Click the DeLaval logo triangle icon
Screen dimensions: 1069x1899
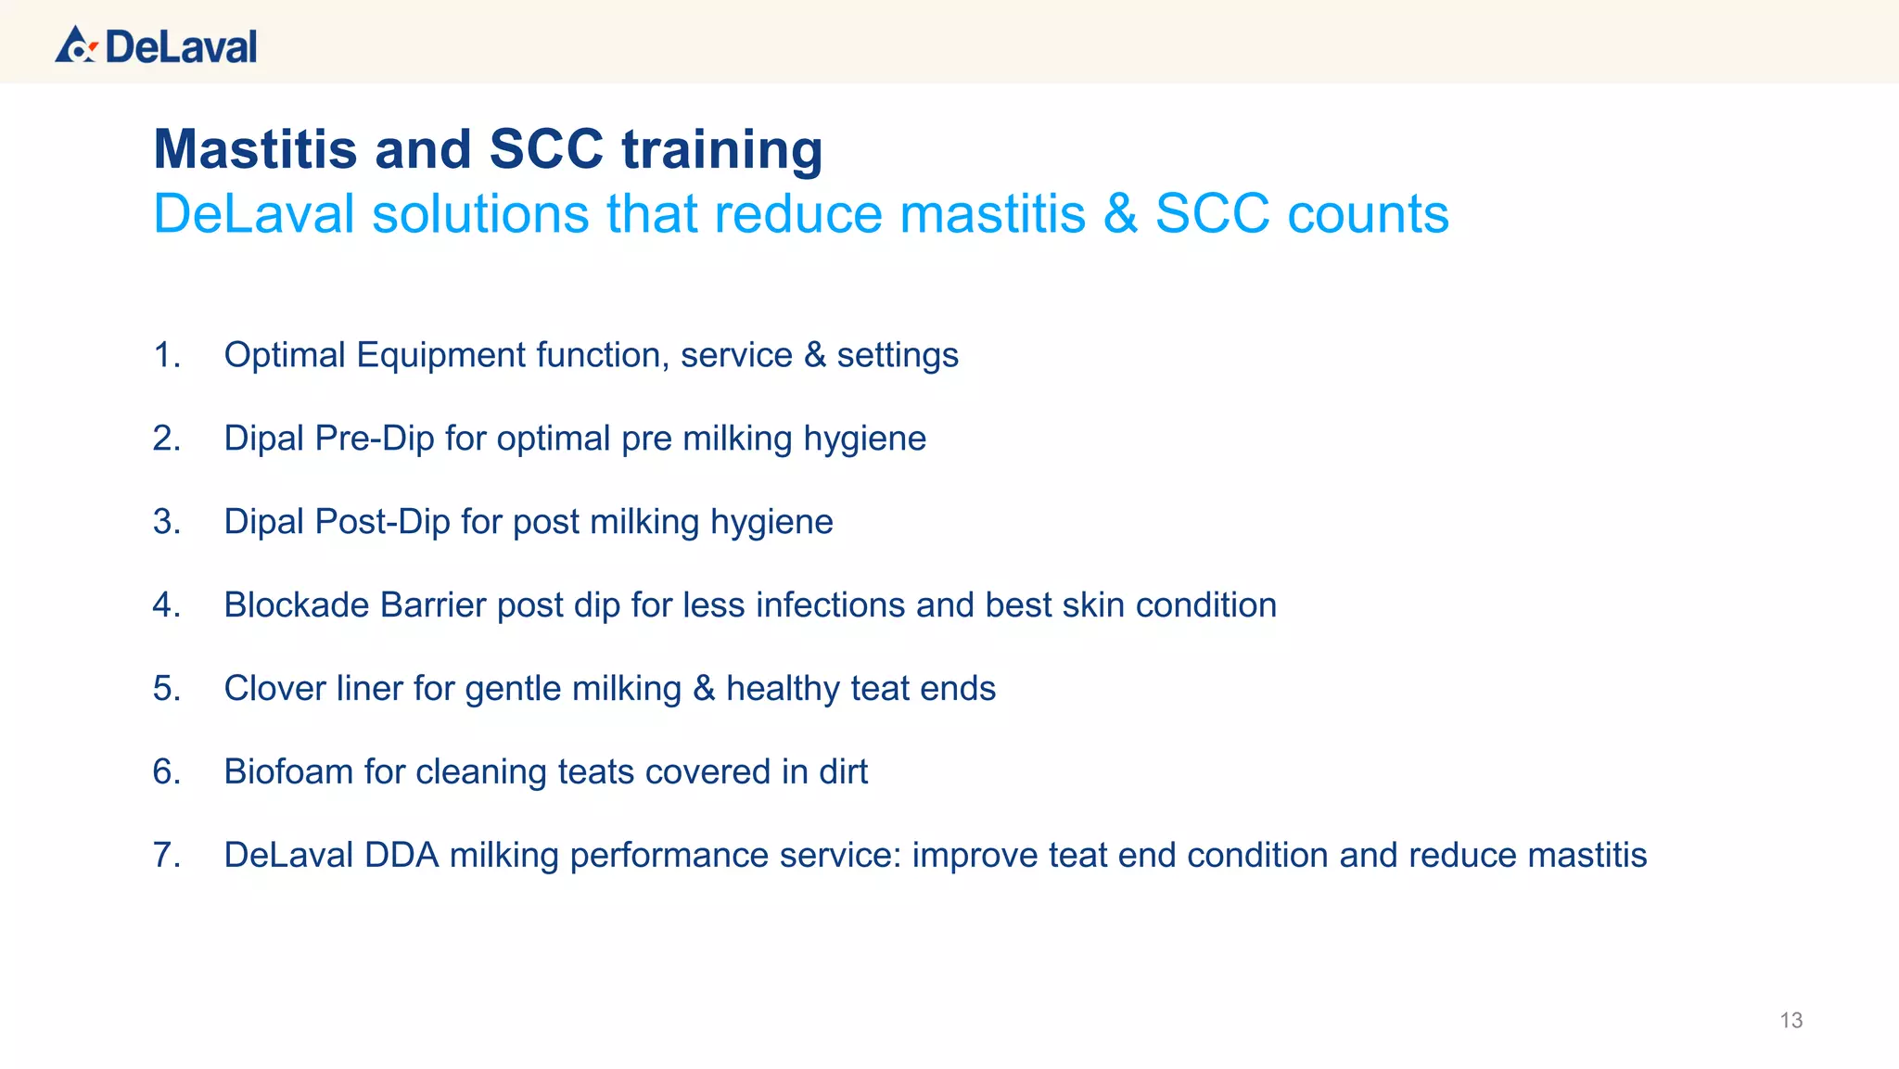74,45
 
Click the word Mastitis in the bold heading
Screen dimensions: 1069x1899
255,149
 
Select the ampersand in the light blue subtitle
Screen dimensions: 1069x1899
1120,214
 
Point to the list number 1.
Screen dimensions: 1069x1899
166,355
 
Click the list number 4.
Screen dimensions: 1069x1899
166,605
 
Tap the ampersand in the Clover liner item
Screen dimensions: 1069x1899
704,689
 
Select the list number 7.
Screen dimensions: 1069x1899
166,856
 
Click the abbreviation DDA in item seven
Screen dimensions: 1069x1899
401,856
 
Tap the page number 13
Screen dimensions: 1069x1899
1791,1021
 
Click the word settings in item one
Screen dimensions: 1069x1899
897,355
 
